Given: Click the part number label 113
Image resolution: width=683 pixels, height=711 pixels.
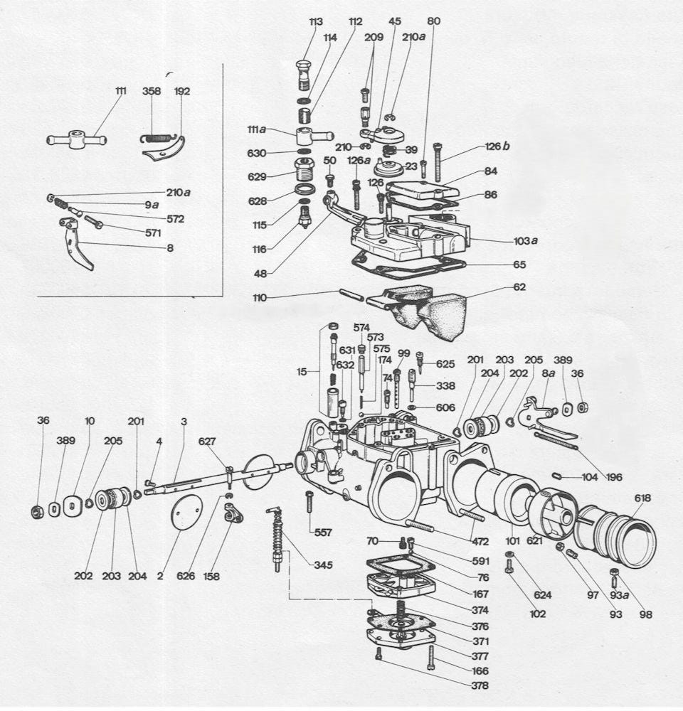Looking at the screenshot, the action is (x=316, y=22).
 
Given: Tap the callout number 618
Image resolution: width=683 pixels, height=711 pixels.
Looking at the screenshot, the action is (x=642, y=498).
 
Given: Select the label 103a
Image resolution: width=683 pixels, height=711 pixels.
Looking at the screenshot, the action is (x=526, y=241).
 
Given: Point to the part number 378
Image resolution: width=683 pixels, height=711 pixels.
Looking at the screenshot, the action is (x=480, y=685).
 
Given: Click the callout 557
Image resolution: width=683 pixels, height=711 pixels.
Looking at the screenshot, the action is (x=323, y=533).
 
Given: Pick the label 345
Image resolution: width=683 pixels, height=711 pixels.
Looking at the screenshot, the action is (x=324, y=565).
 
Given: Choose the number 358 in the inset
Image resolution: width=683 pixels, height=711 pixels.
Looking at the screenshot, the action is (x=152, y=91).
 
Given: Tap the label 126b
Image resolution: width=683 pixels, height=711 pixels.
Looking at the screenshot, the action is (x=497, y=146).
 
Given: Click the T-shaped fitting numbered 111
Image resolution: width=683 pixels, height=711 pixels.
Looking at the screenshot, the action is (x=77, y=139).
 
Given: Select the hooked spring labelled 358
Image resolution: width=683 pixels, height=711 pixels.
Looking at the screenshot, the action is (x=154, y=136).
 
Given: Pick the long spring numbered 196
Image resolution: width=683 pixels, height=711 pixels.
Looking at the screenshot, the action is (x=556, y=441).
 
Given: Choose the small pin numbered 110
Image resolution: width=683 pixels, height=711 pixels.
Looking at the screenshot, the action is (x=351, y=294).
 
